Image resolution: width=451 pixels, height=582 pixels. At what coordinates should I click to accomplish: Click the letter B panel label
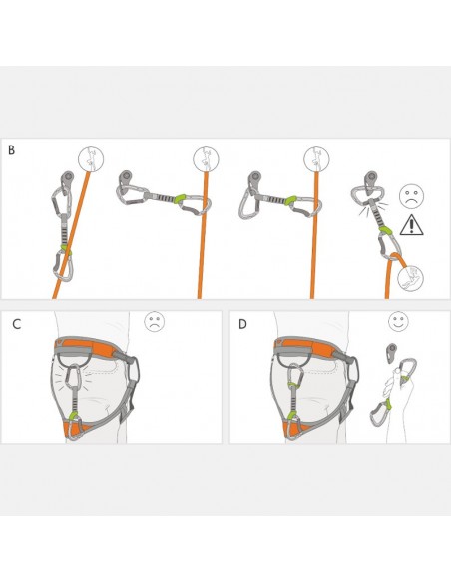[x=12, y=150]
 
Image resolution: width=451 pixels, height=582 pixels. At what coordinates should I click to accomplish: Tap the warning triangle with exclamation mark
[x=411, y=225]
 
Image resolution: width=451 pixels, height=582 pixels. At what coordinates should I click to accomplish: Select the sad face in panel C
[x=154, y=322]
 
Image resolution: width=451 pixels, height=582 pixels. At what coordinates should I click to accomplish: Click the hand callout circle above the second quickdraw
[x=205, y=159]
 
